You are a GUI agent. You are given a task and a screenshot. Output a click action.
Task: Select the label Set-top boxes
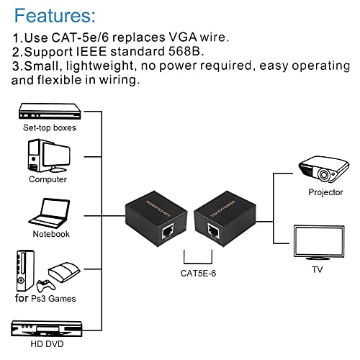pyautogui.click(x=49, y=128)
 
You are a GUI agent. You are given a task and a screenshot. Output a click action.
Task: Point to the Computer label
pyautogui.click(x=48, y=179)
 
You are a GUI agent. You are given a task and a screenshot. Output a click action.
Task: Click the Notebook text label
pyautogui.click(x=50, y=233)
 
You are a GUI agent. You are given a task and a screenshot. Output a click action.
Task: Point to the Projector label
pyautogui.click(x=325, y=192)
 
